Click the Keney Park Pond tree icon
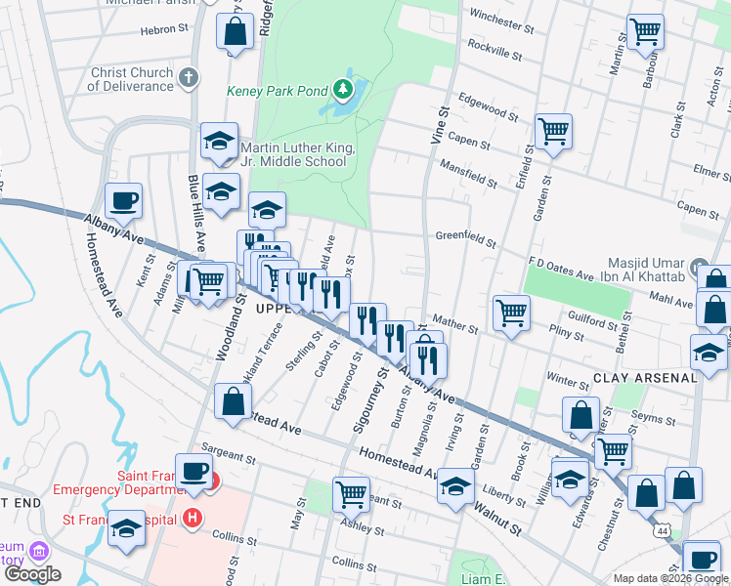tap(342, 91)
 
